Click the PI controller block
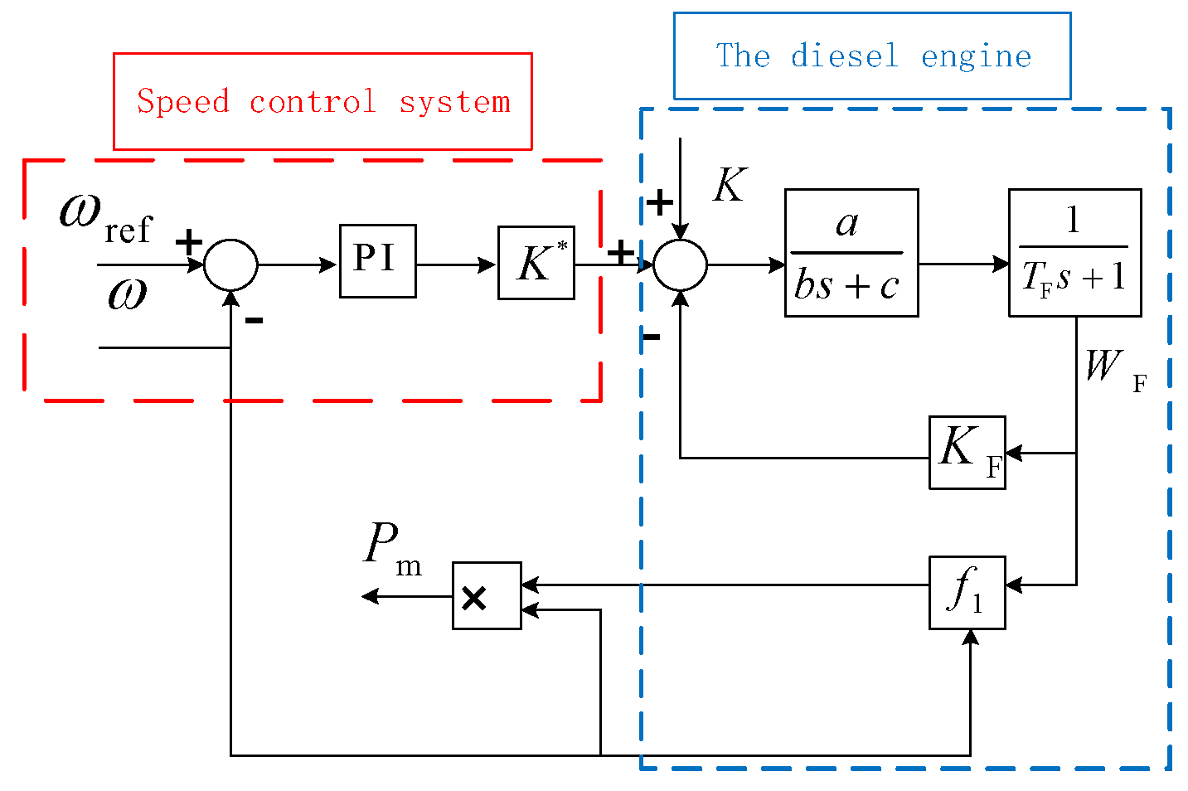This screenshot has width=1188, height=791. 377,261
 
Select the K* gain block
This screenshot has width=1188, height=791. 536,263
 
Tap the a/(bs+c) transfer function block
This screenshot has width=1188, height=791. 851,253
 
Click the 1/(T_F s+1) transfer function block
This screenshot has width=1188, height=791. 1074,253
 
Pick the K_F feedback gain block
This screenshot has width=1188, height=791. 967,453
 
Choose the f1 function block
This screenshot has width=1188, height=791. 967,592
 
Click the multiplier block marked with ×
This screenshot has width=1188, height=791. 487,595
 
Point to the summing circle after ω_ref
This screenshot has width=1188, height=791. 230,265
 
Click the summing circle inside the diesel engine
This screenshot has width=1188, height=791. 680,265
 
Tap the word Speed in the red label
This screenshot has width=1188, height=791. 182,102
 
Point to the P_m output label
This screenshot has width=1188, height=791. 392,550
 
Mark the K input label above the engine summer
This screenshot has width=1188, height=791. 730,185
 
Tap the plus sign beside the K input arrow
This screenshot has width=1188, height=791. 660,202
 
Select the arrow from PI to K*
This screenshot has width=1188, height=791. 456,265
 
